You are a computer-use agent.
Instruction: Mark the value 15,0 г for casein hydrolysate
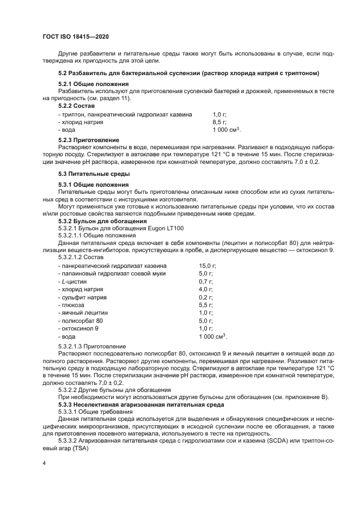coord(208,266)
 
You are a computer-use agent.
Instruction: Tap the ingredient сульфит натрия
coord(82,297)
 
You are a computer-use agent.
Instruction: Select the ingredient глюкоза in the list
coord(71,305)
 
